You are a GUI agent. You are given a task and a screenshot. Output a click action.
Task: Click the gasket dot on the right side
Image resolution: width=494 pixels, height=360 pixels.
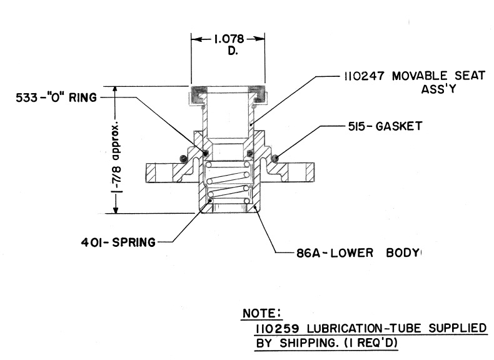(x=274, y=157)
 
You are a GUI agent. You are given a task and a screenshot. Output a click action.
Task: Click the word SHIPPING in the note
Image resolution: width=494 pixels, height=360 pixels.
(x=311, y=343)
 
